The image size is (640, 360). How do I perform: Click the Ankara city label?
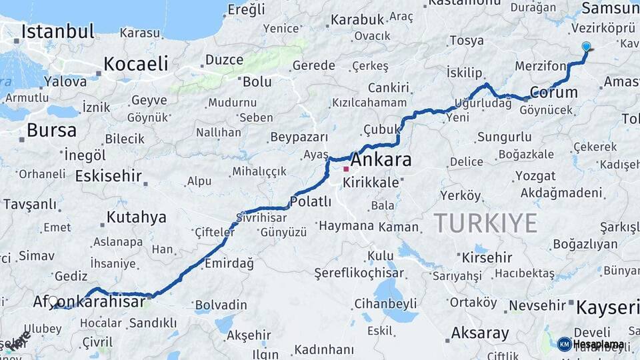(x=381, y=160)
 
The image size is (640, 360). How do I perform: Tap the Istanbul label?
(x=57, y=31)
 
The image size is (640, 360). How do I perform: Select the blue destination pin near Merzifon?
(x=586, y=47)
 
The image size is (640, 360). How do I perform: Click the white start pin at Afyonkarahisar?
(x=53, y=301)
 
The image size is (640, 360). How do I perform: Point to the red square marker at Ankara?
(x=345, y=169)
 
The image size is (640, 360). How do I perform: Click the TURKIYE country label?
(x=485, y=223)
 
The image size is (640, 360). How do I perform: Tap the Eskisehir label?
(x=109, y=176)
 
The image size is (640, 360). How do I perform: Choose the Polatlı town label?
(x=311, y=201)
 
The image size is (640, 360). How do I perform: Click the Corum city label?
(x=553, y=93)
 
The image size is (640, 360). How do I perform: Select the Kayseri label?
(x=607, y=307)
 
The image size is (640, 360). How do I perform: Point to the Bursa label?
(x=52, y=130)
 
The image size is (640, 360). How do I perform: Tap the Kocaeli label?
(x=135, y=64)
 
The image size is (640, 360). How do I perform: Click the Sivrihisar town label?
(x=261, y=217)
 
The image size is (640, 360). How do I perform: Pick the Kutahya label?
(x=136, y=217)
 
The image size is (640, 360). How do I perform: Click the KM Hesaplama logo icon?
(x=564, y=344)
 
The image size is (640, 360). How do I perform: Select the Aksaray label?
(x=480, y=333)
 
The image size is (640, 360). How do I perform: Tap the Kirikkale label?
(x=375, y=182)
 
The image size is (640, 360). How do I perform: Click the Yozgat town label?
(x=535, y=176)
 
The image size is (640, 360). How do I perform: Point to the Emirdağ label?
(x=229, y=263)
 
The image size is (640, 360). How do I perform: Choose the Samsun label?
(x=610, y=8)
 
